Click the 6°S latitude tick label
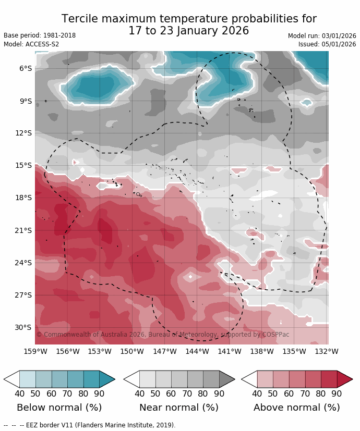point(26,68)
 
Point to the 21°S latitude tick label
point(23,230)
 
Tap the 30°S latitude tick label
point(23,327)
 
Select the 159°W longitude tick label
point(35,351)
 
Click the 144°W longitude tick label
point(197,351)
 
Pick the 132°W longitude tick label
point(327,351)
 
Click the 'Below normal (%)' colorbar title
point(59,408)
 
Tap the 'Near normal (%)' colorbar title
point(179,408)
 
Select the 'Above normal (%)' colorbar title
point(297,408)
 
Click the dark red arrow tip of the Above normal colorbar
point(345,379)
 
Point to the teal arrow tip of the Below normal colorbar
point(107,379)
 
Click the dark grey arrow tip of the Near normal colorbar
point(227,379)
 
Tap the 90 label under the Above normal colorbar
point(337,394)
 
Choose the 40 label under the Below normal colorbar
point(20,394)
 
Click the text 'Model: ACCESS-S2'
point(31,44)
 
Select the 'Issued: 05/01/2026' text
point(327,44)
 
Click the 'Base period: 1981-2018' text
point(40,35)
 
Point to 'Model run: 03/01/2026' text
point(322,36)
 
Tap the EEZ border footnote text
point(90,425)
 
